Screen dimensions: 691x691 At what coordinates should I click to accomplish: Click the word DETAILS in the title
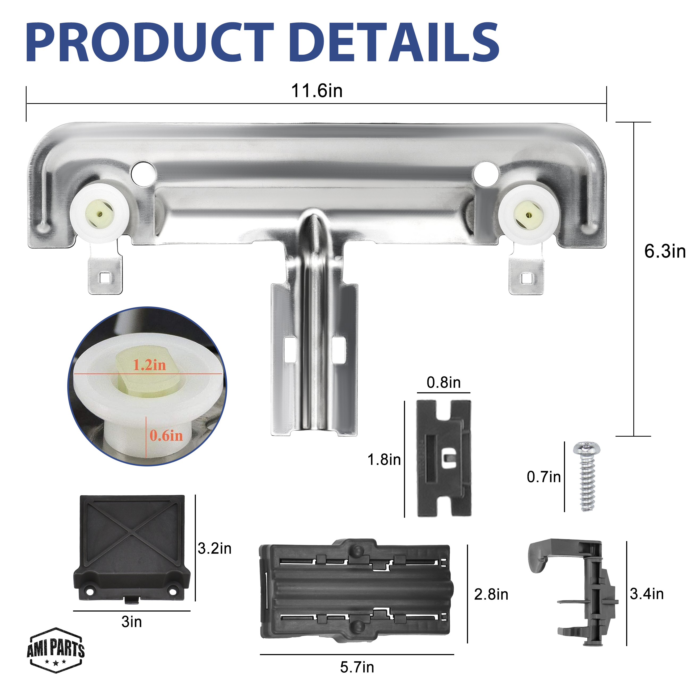(394, 42)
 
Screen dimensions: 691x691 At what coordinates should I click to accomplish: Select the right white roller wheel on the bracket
(529, 214)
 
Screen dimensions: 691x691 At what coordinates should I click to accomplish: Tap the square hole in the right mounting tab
(526, 278)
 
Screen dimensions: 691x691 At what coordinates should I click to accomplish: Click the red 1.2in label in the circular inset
(150, 365)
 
